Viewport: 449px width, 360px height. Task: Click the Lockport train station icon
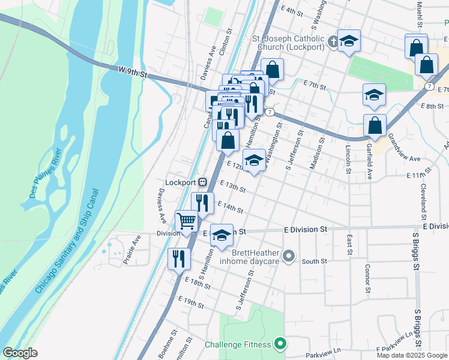(x=203, y=182)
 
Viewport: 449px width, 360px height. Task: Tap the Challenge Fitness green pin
(x=279, y=344)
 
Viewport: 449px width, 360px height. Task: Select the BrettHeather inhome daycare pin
(x=289, y=257)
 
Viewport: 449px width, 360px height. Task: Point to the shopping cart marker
(x=187, y=221)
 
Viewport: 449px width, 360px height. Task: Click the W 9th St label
(x=133, y=72)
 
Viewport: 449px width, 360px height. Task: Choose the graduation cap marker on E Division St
(x=221, y=235)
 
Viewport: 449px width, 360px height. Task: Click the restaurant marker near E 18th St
(x=179, y=259)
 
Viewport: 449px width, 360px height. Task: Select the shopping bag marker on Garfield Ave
(x=375, y=125)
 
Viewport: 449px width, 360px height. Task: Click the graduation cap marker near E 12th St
(x=254, y=160)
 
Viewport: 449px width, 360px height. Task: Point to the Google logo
(x=20, y=353)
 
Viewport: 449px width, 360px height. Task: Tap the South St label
(x=314, y=262)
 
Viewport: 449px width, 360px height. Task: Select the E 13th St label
(x=233, y=187)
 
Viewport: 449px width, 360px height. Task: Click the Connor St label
(x=367, y=274)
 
